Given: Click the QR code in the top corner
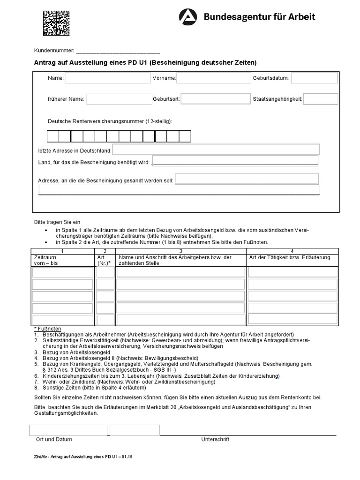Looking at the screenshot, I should [x=56, y=23].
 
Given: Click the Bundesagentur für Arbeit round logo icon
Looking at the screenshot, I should [x=188, y=17].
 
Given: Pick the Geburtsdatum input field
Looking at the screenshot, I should [x=314, y=78].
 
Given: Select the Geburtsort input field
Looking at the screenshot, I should [x=216, y=99].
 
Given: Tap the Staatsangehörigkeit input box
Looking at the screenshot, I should [x=321, y=99].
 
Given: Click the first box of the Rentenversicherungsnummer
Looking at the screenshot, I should [x=52, y=136].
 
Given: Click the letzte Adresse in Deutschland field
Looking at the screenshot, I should [x=216, y=150].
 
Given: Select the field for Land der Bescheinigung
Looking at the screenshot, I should [x=235, y=161].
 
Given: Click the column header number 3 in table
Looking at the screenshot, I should [x=180, y=251].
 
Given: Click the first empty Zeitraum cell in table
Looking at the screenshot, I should [x=63, y=272].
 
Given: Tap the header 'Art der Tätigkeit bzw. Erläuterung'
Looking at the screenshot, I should [x=290, y=257].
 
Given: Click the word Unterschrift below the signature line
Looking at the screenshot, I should [x=215, y=439].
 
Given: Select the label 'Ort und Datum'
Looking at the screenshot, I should [x=54, y=439].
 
